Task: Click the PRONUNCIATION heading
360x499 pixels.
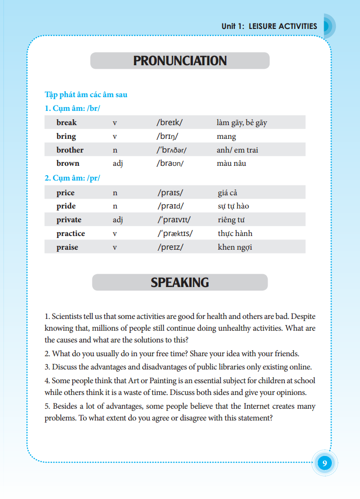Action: point(180,61)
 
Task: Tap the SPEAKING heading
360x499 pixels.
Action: point(180,283)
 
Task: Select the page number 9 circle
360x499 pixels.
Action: point(324,463)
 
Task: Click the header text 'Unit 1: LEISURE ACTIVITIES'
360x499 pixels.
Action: point(269,26)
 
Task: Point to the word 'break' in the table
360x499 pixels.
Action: point(66,123)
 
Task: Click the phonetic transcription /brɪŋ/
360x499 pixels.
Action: point(167,136)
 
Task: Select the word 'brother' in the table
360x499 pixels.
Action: point(70,150)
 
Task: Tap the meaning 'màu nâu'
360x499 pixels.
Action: point(231,163)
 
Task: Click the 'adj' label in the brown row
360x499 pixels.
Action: point(117,163)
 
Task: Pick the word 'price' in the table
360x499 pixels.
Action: point(65,193)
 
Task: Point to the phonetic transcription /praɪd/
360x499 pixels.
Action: point(170,207)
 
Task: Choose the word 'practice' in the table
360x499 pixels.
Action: point(70,234)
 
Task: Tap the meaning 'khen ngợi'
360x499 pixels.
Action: point(235,247)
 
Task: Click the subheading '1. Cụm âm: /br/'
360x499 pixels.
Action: point(72,108)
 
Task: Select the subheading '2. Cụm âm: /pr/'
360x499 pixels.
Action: point(72,178)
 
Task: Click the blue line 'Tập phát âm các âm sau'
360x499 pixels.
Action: point(86,95)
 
